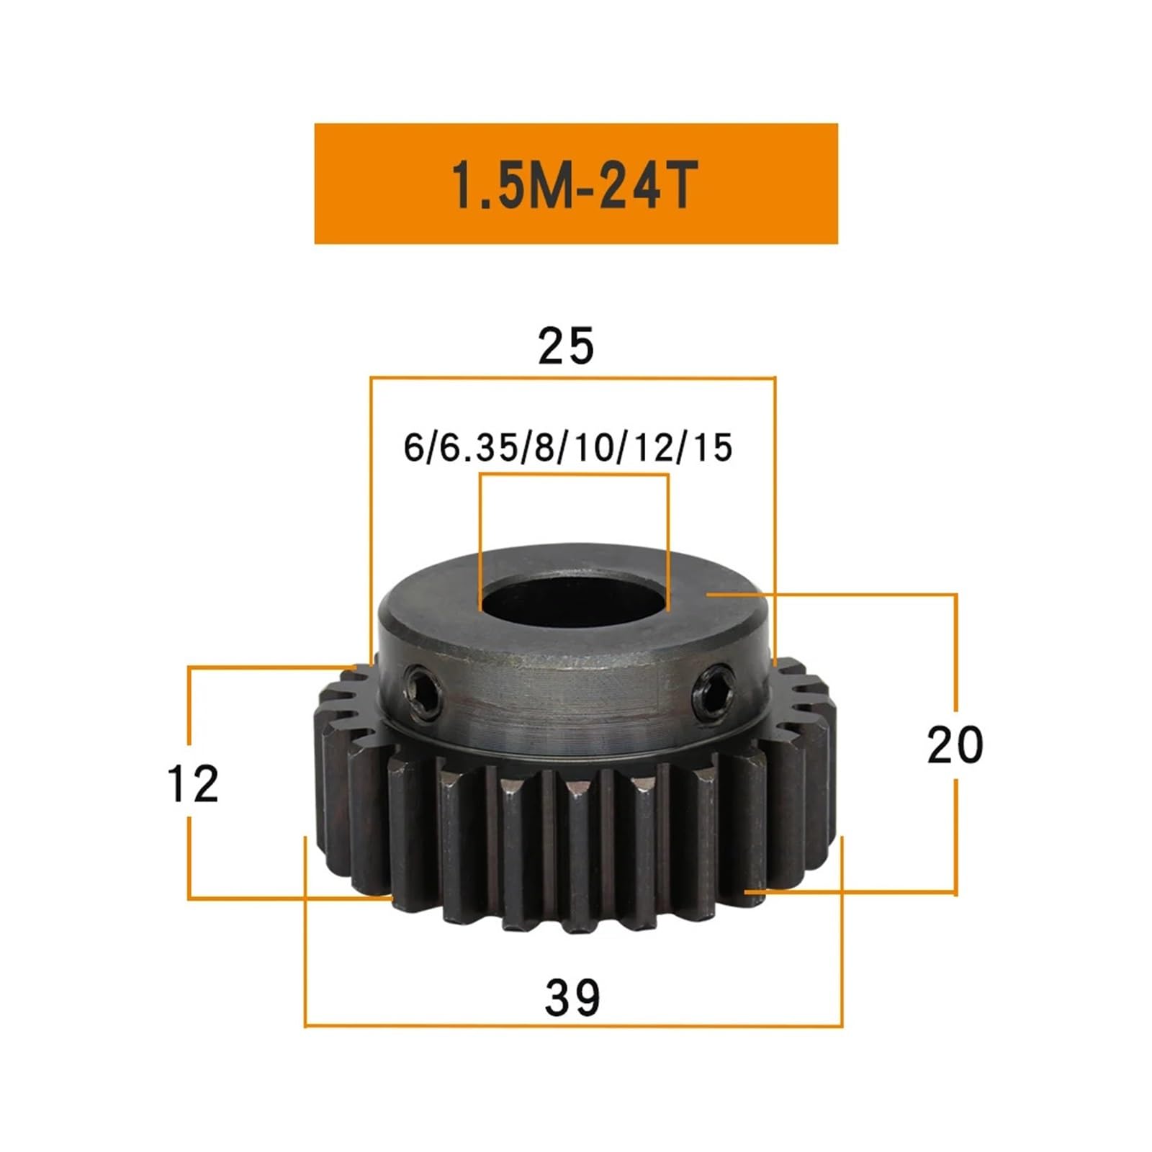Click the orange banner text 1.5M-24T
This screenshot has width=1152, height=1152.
click(x=575, y=184)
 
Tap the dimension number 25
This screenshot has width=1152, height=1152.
click(x=566, y=346)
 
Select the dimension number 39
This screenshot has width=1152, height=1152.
click(x=572, y=998)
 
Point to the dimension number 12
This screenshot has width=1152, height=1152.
click(x=192, y=784)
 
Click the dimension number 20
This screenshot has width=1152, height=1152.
click(x=955, y=745)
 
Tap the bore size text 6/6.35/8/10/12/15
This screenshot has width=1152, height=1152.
click(x=567, y=448)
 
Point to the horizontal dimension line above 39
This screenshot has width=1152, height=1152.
click(x=572, y=1025)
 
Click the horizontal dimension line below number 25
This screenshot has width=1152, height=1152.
click(x=572, y=377)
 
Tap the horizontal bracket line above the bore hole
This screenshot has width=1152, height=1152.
click(x=574, y=474)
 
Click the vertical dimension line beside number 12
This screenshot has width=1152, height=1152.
click(x=189, y=706)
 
